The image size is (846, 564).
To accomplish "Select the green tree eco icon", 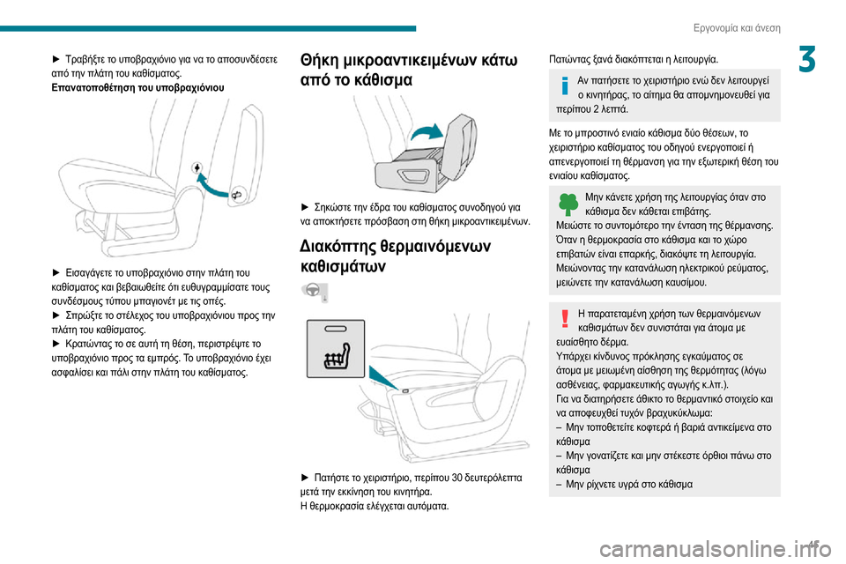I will click(568, 205).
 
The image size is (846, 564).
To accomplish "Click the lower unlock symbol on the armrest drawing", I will click(237, 193).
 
